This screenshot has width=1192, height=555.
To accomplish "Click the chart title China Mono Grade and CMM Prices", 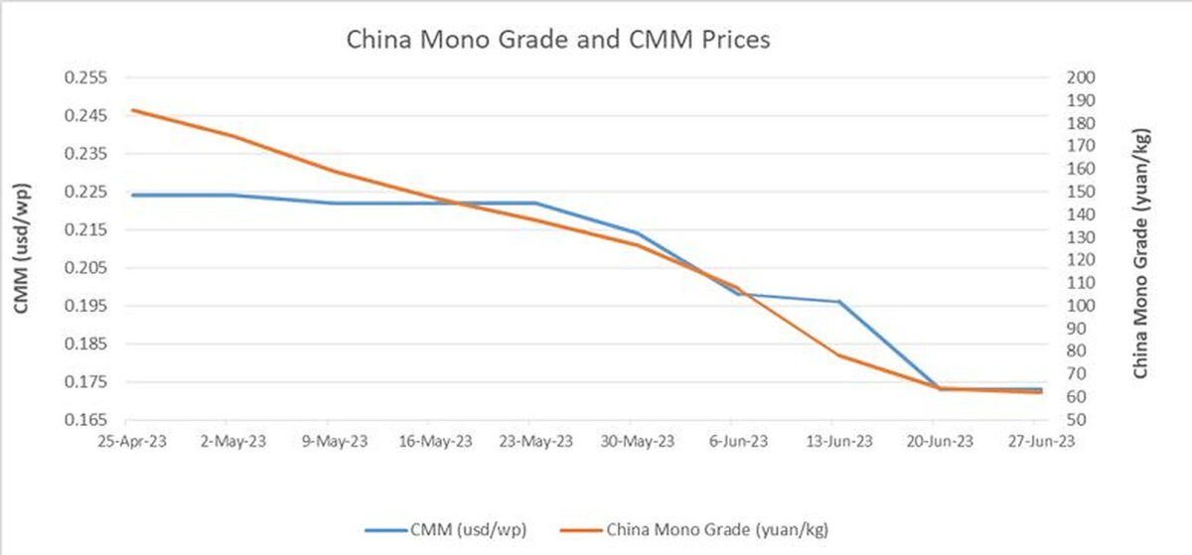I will pyautogui.click(x=557, y=41).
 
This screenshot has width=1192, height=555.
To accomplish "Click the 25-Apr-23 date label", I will pyautogui.click(x=133, y=442).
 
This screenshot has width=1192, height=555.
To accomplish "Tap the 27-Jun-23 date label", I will pyautogui.click(x=1039, y=442).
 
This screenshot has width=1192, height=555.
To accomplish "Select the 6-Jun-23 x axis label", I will pyautogui.click(x=738, y=442).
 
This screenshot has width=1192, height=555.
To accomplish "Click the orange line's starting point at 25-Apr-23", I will pyautogui.click(x=133, y=110).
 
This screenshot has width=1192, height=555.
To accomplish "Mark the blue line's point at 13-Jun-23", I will pyautogui.click(x=839, y=302).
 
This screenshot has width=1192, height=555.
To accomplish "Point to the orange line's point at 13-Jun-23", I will pyautogui.click(x=839, y=354).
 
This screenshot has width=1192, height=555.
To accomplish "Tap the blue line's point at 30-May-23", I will pyautogui.click(x=637, y=233).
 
